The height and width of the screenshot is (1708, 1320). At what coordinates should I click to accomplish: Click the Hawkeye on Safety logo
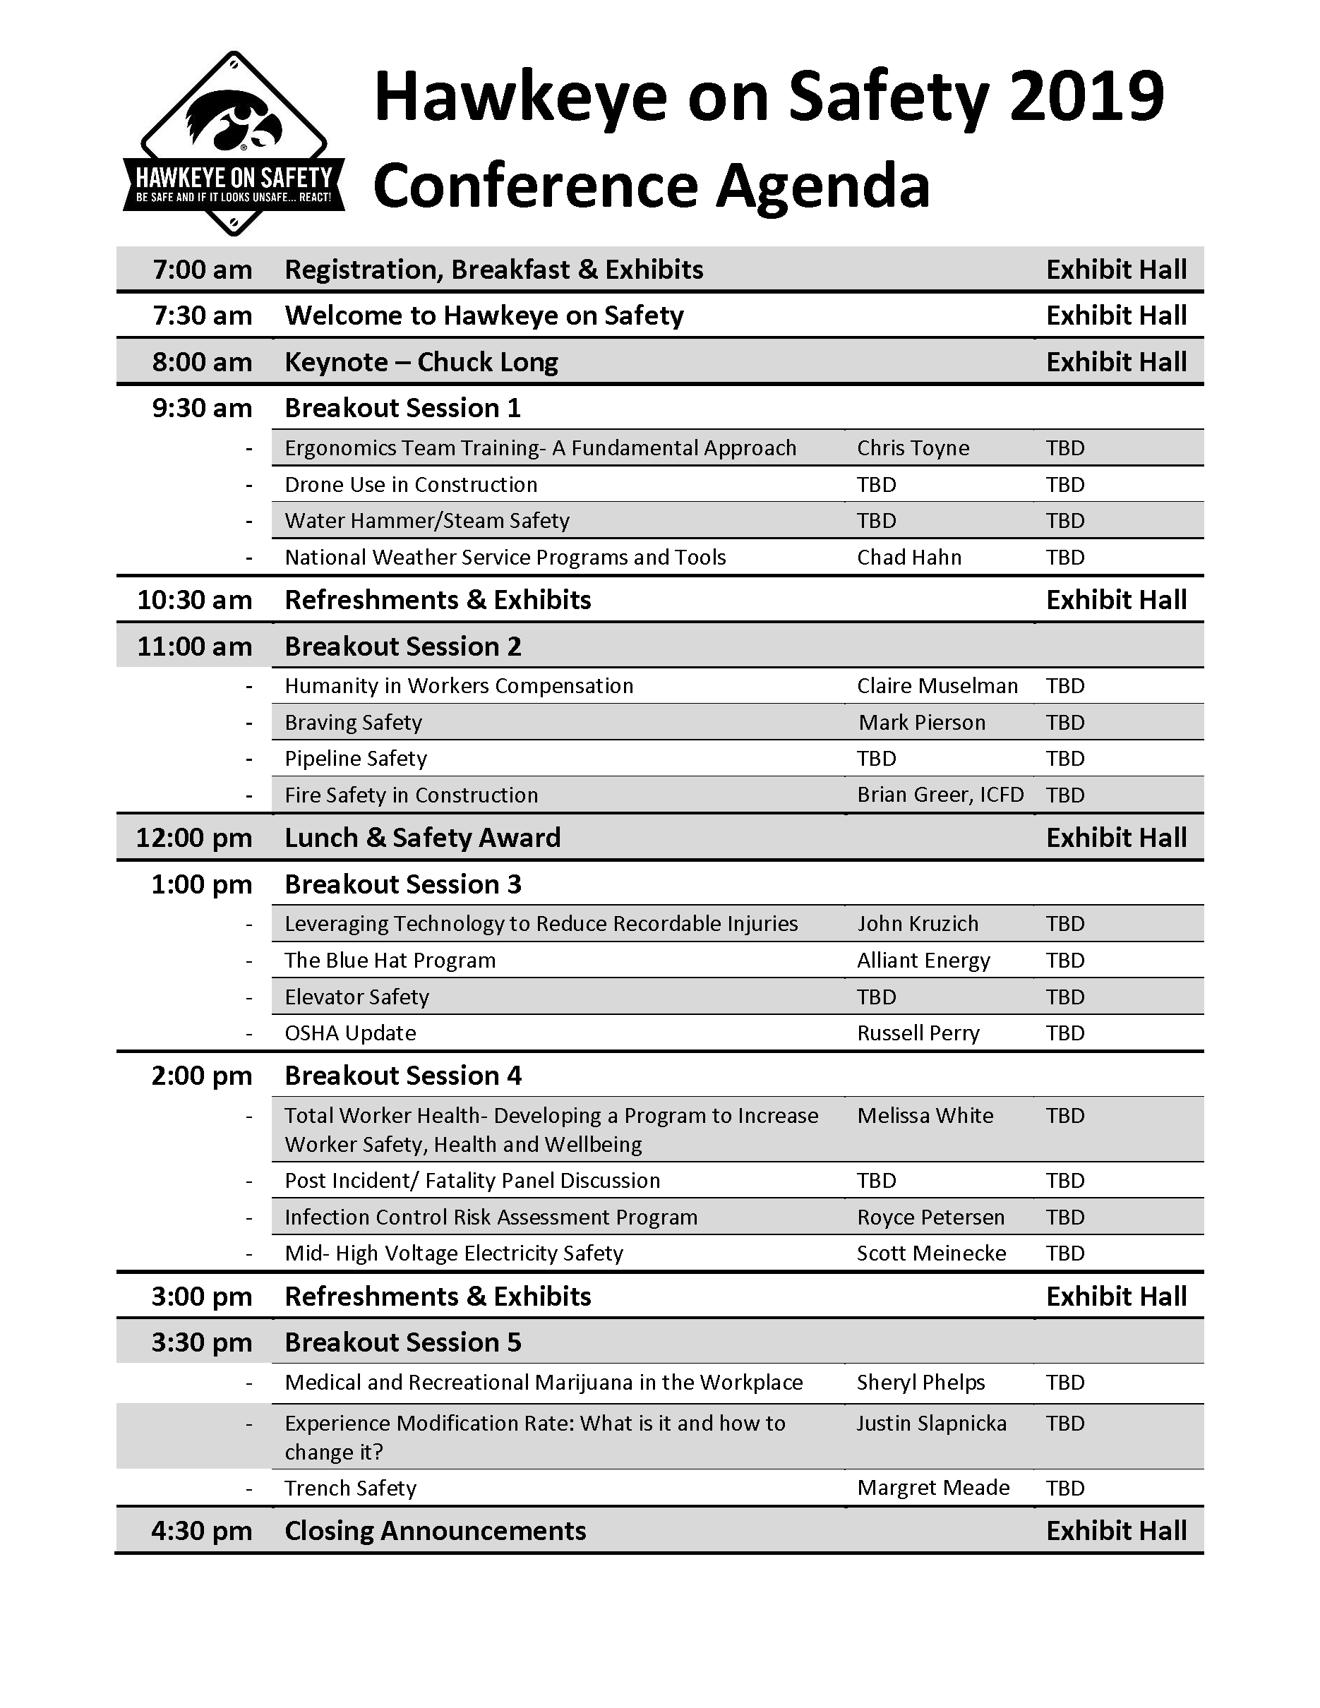[x=234, y=145]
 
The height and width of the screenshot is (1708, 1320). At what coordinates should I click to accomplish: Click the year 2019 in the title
[x=1086, y=97]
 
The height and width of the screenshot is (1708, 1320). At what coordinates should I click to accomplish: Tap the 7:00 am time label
[x=202, y=270]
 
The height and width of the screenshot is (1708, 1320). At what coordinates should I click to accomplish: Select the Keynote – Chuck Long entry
[x=421, y=362]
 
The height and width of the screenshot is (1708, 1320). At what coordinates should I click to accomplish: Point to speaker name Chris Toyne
[x=913, y=448]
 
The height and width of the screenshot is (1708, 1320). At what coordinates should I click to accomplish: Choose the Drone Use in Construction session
[x=411, y=485]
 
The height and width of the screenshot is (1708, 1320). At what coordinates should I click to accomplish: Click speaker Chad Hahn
[x=908, y=558]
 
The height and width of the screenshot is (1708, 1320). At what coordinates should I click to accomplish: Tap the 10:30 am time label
[x=194, y=600]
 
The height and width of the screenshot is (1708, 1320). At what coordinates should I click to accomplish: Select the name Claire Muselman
[x=937, y=686]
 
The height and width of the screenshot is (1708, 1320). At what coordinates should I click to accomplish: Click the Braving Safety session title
[x=353, y=723]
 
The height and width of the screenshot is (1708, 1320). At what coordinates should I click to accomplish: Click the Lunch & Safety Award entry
[x=422, y=838]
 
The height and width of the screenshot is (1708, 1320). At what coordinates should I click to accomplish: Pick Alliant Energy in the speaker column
[x=923, y=961]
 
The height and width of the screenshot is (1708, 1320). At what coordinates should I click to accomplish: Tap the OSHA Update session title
[x=349, y=1033]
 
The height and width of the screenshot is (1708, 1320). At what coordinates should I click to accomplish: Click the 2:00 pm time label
[x=202, y=1076]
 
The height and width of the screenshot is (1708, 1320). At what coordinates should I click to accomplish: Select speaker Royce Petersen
[x=930, y=1217]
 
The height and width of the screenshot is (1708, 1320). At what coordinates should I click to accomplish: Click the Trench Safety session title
[x=349, y=1489]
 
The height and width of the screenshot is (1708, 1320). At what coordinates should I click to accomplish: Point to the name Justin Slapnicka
[x=931, y=1424]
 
